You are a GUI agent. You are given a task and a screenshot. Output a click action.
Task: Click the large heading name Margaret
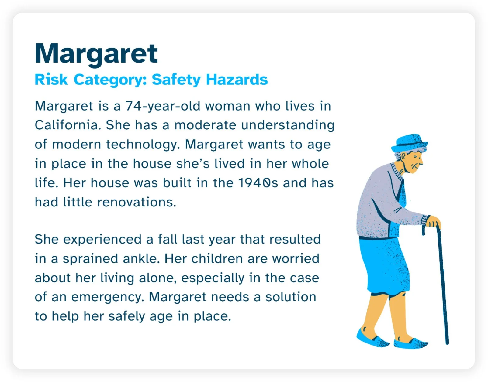click(x=96, y=54)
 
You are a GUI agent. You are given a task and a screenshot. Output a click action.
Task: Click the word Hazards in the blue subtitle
click(x=237, y=80)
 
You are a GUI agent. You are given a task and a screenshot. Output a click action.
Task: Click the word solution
click(x=291, y=297)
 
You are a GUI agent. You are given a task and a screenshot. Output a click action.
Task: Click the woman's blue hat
click(x=409, y=142)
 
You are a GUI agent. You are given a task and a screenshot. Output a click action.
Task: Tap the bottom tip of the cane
click(x=447, y=343)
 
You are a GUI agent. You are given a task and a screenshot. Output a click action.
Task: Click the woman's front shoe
click(x=410, y=343)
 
